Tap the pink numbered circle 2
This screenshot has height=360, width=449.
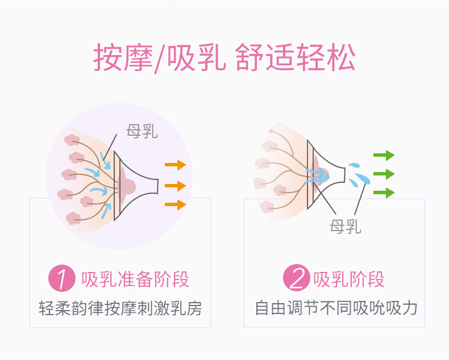pos(297,279)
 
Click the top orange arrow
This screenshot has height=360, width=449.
pos(175,165)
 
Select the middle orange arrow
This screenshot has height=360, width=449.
pos(175,186)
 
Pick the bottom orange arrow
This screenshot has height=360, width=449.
pos(175,204)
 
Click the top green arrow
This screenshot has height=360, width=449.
pos(384,155)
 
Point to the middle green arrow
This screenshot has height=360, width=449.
pos(384,174)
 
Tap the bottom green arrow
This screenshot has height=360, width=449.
pos(384,192)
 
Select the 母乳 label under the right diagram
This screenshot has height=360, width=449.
pos(345,227)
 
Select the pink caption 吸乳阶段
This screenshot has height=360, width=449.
pos(349,279)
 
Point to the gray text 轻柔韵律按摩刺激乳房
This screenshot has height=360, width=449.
pos(120,308)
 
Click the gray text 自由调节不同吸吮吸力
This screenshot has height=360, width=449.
pos(336,308)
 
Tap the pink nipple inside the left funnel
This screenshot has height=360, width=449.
pos(128,186)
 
